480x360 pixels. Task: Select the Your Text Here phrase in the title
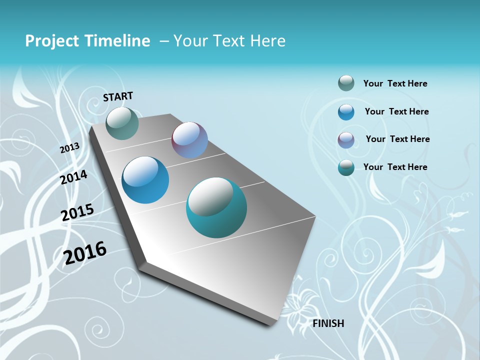229,41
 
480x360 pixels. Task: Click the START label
118,96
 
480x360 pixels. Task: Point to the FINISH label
328,323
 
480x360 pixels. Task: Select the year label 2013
70,148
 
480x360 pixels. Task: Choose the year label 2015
77,212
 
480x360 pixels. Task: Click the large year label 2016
85,252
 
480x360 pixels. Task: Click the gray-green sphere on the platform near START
122,123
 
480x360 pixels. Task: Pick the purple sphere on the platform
189,140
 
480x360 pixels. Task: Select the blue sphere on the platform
145,180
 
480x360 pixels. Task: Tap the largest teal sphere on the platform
216,207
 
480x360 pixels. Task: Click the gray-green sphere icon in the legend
346,83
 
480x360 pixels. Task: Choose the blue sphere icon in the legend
346,112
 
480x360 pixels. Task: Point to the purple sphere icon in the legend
346,140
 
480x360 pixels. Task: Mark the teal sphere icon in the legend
346,167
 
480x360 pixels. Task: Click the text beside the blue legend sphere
396,111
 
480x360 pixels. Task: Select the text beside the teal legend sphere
395,167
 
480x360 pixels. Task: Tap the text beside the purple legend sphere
397,139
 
